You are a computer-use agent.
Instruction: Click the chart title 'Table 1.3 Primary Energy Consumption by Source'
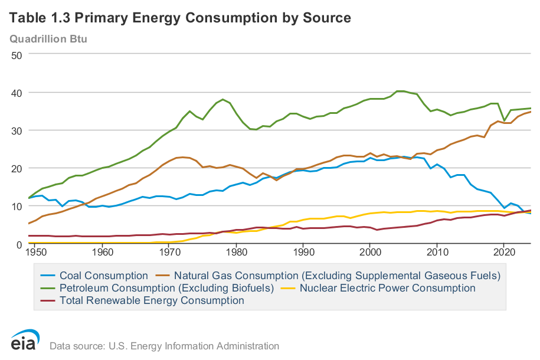click(180, 18)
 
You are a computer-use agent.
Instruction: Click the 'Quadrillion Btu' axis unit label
click(52, 39)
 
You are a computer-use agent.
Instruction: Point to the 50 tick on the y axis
click(16, 55)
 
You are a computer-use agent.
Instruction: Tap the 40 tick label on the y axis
click(16, 93)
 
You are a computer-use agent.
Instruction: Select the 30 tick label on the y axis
click(16, 130)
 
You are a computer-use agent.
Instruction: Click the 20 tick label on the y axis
click(16, 168)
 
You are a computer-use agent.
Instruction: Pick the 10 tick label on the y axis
click(16, 206)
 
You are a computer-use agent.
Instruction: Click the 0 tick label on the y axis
click(19, 244)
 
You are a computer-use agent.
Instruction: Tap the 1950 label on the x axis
click(35, 252)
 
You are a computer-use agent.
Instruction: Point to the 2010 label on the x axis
click(437, 252)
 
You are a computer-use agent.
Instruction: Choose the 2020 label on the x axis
click(504, 252)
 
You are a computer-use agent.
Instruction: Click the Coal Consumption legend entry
click(104, 276)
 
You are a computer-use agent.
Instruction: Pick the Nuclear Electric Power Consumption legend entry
click(387, 288)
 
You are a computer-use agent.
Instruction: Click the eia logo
click(25, 341)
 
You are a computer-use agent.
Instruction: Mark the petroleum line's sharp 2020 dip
click(504, 120)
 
